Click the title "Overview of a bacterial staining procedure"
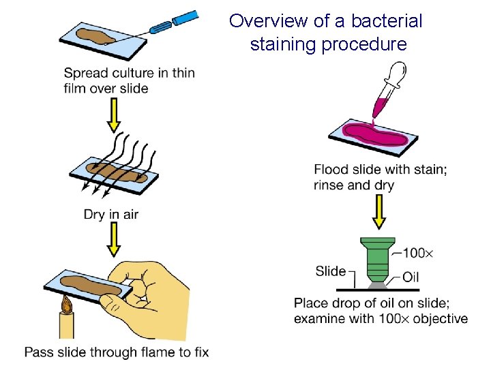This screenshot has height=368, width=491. click(x=326, y=33)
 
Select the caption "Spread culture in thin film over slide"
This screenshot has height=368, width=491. click(x=129, y=80)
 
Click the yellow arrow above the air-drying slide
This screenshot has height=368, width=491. click(x=114, y=117)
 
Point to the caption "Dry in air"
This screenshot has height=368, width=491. click(x=111, y=215)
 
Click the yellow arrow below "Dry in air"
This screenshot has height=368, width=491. click(x=114, y=241)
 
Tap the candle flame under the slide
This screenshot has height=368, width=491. click(x=67, y=304)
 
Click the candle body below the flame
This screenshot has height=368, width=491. click(x=67, y=327)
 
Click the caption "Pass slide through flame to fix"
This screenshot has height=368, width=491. click(x=117, y=352)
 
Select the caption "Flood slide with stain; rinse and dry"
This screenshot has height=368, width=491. click(x=381, y=177)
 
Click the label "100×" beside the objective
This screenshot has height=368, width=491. click(x=417, y=254)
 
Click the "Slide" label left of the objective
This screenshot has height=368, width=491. click(x=331, y=271)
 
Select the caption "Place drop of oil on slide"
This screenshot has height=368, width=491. click(x=381, y=311)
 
